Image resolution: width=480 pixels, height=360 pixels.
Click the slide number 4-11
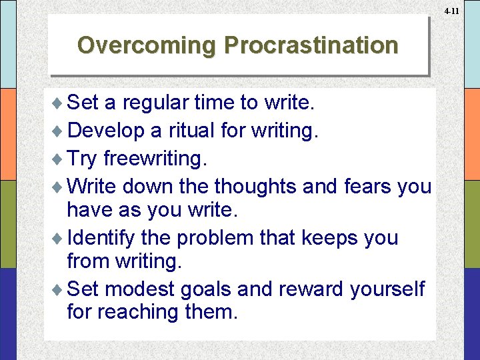pyautogui.click(x=451, y=11)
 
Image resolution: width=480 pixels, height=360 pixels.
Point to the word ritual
pyautogui.click(x=193, y=130)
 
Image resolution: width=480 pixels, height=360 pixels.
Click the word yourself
pyautogui.click(x=387, y=289)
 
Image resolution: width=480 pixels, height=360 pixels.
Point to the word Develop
pyautogui.click(x=106, y=130)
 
